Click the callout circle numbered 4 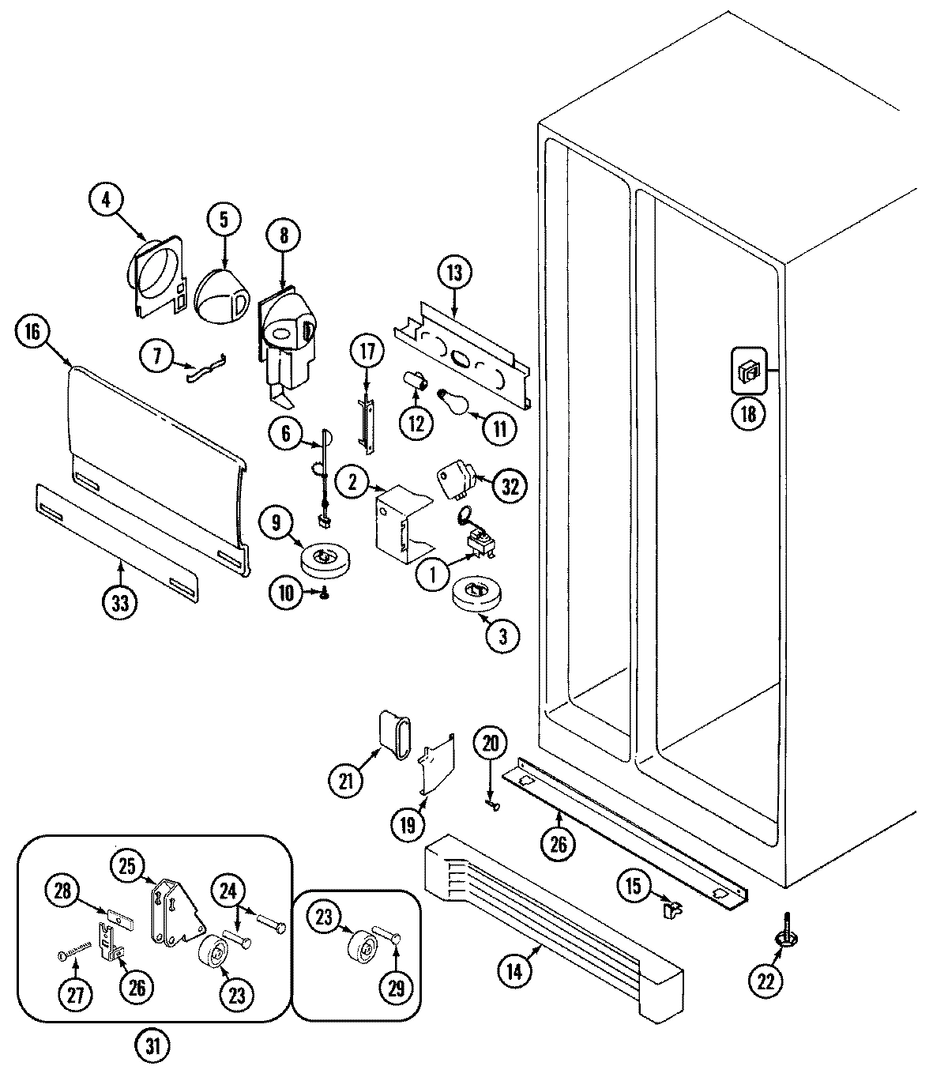point(106,200)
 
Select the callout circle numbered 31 point(152,1046)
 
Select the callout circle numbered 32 point(510,486)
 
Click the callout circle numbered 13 point(454,273)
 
